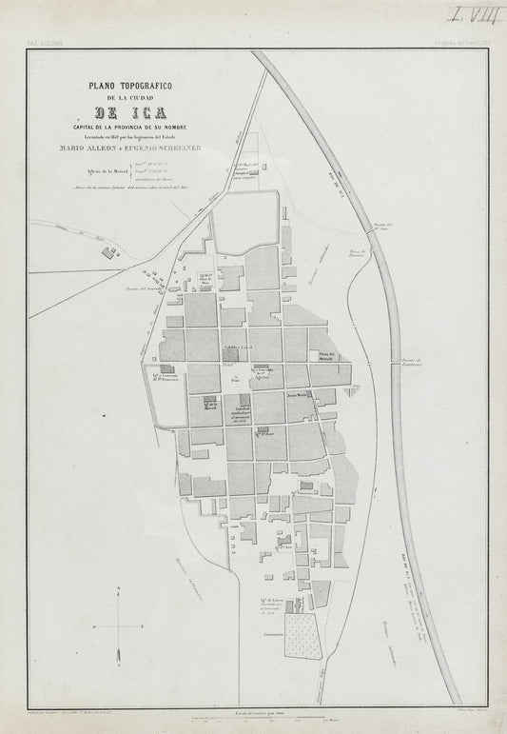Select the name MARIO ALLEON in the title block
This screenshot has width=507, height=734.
coord(93,148)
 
